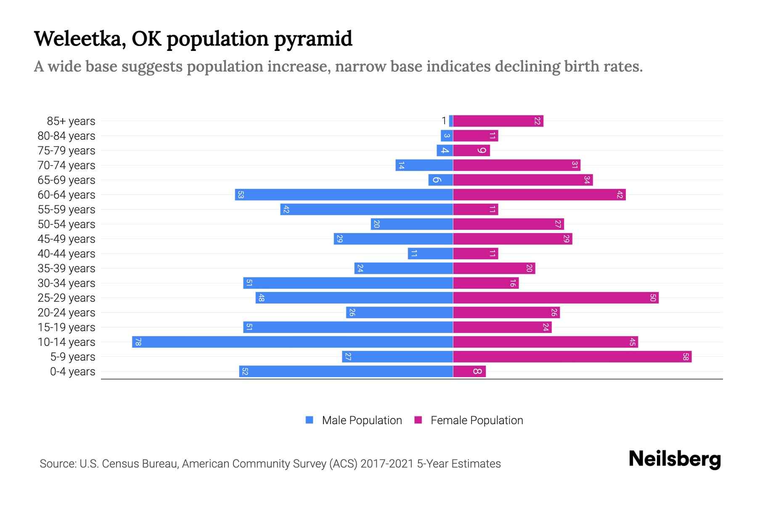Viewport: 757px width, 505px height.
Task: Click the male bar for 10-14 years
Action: pos(292,342)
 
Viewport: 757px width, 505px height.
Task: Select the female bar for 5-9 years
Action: pos(572,357)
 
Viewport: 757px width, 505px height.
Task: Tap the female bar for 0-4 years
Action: pos(469,372)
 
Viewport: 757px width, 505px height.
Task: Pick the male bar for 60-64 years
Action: pos(344,195)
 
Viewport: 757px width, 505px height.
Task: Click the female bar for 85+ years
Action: pos(498,121)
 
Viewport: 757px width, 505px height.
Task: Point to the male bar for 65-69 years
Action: pos(440,180)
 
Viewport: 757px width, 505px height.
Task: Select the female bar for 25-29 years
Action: pos(556,298)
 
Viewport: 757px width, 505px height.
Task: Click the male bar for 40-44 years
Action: pos(430,254)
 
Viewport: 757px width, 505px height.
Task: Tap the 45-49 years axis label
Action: pos(66,239)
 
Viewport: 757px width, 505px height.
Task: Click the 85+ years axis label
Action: pos(71,121)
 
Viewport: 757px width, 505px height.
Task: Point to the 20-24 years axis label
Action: pos(66,313)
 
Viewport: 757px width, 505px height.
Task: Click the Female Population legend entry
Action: pos(469,420)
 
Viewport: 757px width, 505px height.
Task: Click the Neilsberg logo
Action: pos(675,459)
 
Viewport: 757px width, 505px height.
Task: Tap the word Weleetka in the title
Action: pos(80,39)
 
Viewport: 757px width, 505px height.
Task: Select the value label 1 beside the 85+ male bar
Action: pos(444,121)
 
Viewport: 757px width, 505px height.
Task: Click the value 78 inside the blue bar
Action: pos(138,342)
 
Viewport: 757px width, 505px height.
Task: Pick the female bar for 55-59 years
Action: pos(475,210)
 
